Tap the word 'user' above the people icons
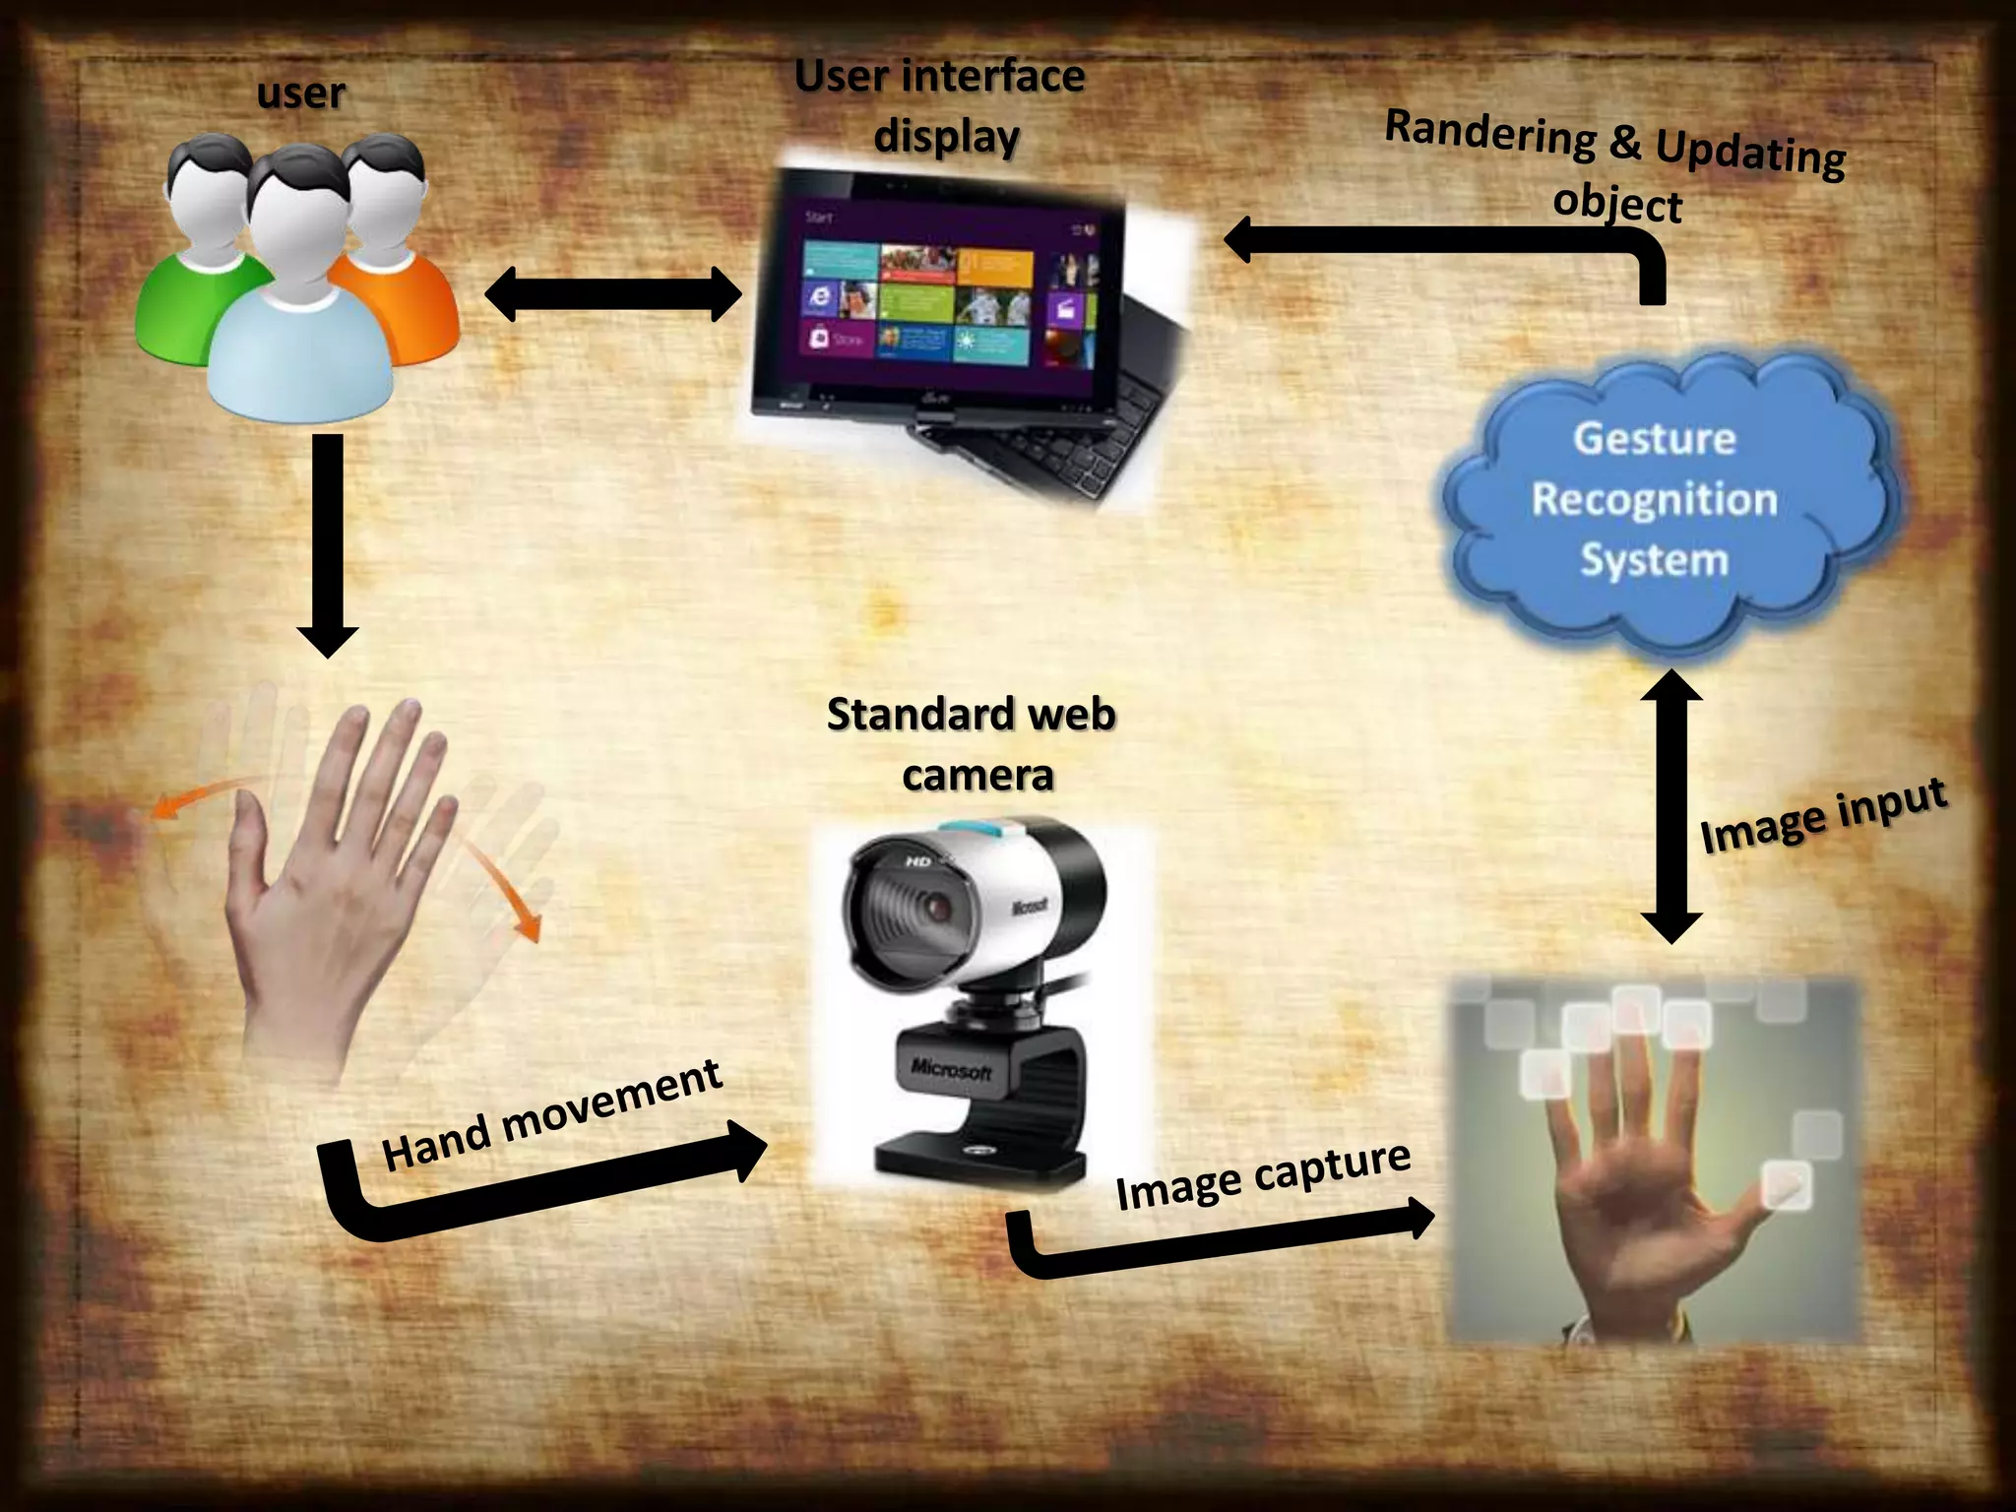[x=300, y=94]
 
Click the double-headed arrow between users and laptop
[x=612, y=294]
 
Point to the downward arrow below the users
[x=328, y=546]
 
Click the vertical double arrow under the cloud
[x=1671, y=807]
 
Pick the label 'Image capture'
[x=1263, y=1176]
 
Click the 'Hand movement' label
[x=551, y=1117]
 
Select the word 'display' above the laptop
[x=946, y=137]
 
